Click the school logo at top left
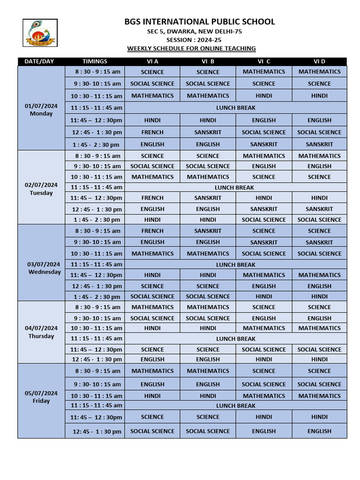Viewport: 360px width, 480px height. pos(40,33)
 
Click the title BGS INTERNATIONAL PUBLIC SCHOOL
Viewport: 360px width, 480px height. pos(200,22)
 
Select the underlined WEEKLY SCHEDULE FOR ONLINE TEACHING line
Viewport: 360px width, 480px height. pos(192,48)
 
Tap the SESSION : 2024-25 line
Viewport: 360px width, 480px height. pos(193,40)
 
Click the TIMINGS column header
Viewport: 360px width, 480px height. pos(95,61)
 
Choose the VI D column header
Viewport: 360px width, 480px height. pos(319,61)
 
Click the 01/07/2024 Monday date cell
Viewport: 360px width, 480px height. pos(41,110)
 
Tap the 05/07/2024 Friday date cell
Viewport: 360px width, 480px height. pos(41,397)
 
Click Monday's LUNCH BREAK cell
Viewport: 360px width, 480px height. pos(235,108)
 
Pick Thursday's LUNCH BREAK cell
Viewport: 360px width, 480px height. pos(235,338)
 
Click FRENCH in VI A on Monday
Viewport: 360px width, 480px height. pos(152,132)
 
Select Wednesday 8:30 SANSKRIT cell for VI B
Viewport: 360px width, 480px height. pos(208,231)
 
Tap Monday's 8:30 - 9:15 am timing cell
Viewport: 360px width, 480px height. pos(98,72)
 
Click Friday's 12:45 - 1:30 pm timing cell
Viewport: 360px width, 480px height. pos(97,431)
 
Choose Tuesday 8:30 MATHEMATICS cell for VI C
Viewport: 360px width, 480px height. pos(264,156)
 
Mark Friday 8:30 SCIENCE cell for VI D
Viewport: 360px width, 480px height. pos(319,371)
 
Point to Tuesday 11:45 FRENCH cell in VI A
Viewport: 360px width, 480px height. pos(152,198)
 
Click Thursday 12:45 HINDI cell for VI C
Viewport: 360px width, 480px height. pos(264,359)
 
